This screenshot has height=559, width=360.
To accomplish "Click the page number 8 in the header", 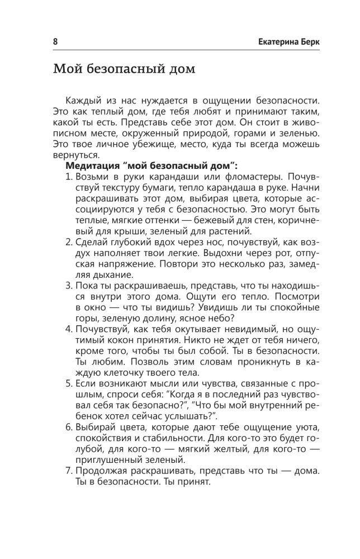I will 55,42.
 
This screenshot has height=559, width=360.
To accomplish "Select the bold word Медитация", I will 93,166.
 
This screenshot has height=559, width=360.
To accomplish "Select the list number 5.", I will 69,385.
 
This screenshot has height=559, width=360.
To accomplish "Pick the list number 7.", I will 69,472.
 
